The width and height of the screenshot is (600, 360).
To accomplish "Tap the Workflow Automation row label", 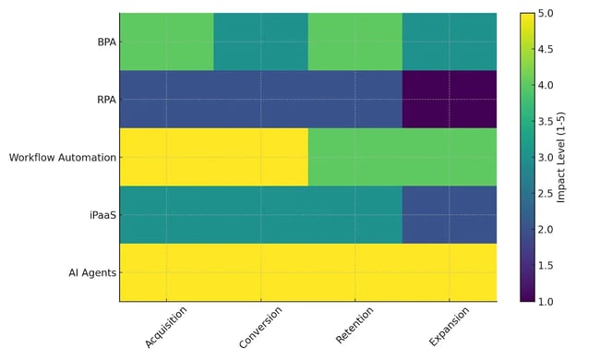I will click(x=62, y=158).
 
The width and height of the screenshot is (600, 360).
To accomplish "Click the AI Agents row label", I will click(x=90, y=272).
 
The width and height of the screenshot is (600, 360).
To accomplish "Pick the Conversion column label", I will click(x=260, y=327).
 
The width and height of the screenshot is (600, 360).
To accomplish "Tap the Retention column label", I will click(x=355, y=327).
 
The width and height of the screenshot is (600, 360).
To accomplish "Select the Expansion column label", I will click(x=450, y=327).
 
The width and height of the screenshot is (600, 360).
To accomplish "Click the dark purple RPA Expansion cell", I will click(x=450, y=100).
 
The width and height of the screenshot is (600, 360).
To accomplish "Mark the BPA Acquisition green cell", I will click(x=166, y=42).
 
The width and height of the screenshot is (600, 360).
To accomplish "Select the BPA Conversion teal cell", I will click(x=261, y=42).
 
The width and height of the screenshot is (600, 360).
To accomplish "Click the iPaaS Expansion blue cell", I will click(x=450, y=215).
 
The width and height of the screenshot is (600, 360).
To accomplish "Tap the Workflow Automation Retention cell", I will click(x=355, y=158).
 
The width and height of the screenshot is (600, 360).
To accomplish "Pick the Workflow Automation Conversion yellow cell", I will click(x=261, y=158).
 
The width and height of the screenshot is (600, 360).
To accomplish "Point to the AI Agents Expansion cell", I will click(x=450, y=272).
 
